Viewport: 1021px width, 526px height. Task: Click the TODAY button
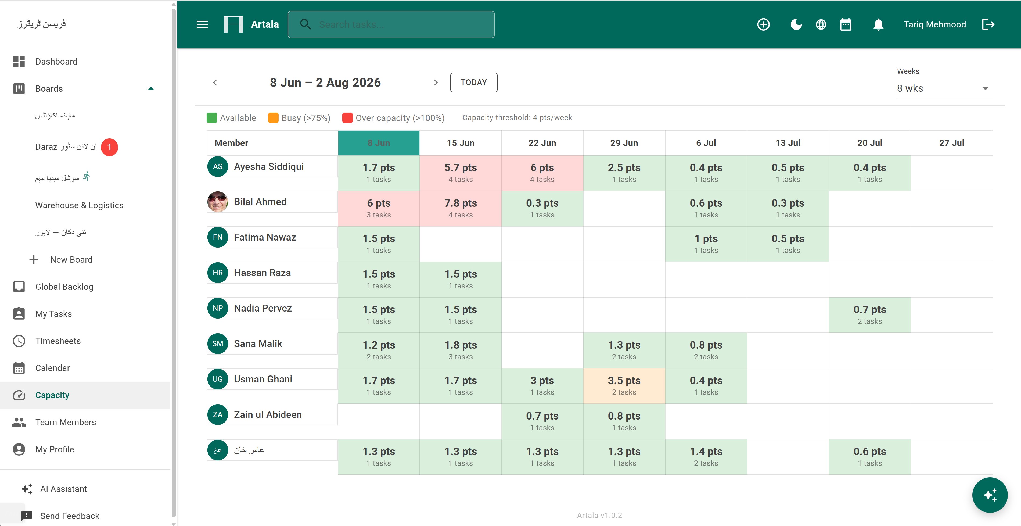pos(474,83)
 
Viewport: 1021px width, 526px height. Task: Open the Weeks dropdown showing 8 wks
pos(944,88)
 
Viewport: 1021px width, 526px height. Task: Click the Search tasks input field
pos(391,24)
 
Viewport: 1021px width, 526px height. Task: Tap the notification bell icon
pos(878,24)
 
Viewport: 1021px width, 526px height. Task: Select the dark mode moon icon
pos(796,24)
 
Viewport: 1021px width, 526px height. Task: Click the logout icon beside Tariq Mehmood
pos(988,24)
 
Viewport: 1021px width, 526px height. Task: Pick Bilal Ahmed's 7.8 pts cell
pos(461,209)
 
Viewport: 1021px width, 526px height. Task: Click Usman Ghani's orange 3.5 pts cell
pos(624,386)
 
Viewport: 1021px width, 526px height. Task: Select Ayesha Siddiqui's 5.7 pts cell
pos(461,173)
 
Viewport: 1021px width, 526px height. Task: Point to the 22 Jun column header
pos(542,143)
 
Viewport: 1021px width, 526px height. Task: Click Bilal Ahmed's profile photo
pos(218,202)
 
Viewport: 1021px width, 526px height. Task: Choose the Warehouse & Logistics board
pos(79,205)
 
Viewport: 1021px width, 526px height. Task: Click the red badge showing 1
pos(109,147)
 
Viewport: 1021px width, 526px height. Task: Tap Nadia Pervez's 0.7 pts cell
pos(869,315)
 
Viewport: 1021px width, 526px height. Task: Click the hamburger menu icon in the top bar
pos(202,24)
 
